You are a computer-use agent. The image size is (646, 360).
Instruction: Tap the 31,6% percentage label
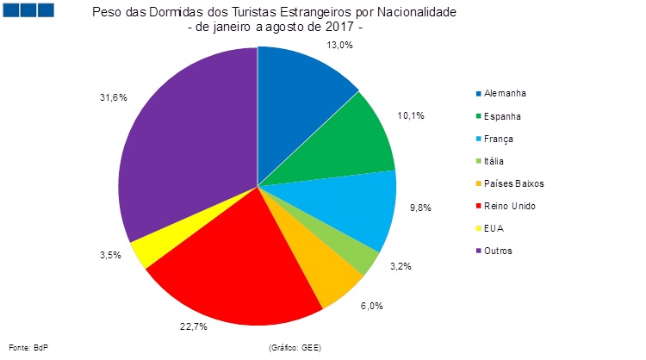coord(113,97)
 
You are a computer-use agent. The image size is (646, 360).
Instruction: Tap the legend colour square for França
coord(478,139)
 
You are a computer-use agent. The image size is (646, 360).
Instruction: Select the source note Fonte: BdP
coord(28,348)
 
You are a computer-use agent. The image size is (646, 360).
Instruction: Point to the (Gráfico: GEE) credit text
coord(295,348)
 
